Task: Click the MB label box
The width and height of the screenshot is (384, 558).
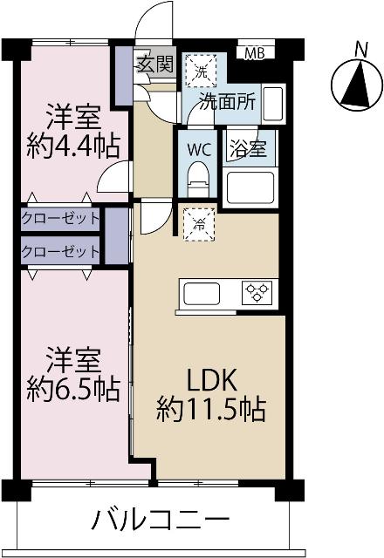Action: [254, 52]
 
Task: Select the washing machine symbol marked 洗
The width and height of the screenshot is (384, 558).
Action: [201, 70]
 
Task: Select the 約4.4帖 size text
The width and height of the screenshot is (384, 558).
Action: [72, 146]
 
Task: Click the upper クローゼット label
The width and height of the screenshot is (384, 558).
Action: [60, 218]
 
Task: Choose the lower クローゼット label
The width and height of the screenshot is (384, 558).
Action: [60, 251]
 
